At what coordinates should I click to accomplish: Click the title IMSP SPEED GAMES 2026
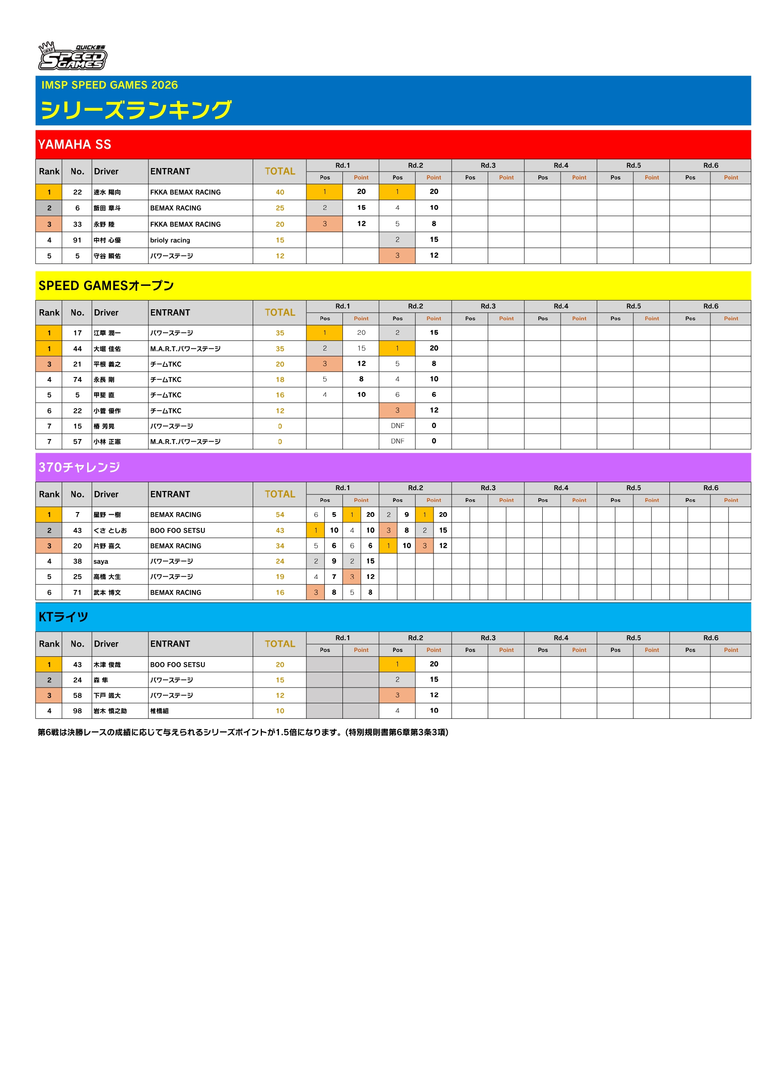click(109, 85)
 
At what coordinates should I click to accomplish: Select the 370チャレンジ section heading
click(79, 467)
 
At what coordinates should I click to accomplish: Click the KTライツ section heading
click(63, 617)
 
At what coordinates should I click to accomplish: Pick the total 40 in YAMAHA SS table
click(279, 192)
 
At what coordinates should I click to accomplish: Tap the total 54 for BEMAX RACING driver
click(279, 515)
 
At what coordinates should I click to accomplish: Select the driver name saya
click(101, 561)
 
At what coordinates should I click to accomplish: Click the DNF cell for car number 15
click(397, 426)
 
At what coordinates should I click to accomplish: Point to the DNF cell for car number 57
click(397, 441)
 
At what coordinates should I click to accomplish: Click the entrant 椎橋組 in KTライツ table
click(159, 711)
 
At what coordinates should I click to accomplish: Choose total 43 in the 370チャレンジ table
click(279, 530)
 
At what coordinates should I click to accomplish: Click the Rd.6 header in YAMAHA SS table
click(710, 165)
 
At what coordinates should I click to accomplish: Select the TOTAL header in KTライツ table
click(279, 644)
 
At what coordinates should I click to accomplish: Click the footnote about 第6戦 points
click(243, 732)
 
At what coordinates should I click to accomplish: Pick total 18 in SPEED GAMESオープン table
click(279, 380)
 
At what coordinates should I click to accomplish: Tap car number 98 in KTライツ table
click(77, 711)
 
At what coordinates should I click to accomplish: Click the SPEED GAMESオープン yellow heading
click(106, 286)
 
